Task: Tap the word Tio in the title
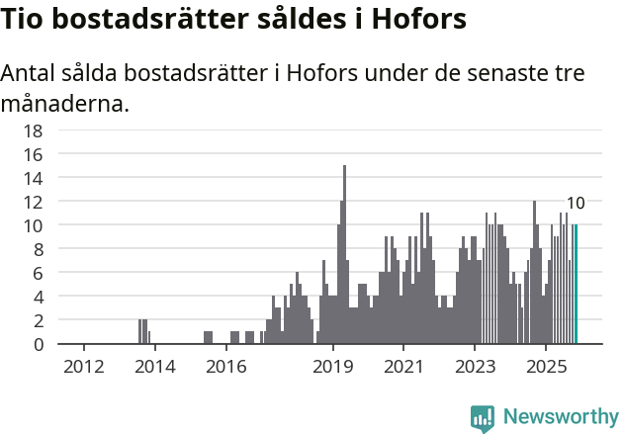28,20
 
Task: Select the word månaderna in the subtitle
65,103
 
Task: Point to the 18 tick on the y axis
33,130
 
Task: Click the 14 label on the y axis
33,178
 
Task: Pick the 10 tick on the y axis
33,225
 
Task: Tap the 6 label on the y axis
38,273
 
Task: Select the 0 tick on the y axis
38,344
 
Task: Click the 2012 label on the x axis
84,367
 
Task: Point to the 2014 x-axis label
154,367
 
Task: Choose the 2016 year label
226,367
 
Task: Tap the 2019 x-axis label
333,367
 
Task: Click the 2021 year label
403,367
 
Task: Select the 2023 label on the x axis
475,367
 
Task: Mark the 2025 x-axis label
546,367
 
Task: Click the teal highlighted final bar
576,287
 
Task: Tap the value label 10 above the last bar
576,204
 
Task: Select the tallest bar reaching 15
344,257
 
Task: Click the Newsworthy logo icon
482,417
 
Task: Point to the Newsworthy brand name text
560,417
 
